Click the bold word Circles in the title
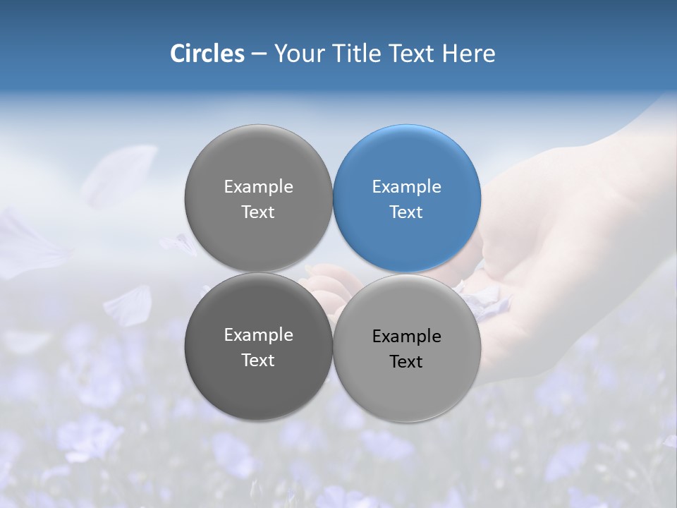pyautogui.click(x=207, y=54)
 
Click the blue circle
pyautogui.click(x=407, y=198)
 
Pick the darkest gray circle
pyautogui.click(x=258, y=346)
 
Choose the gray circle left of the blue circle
pyautogui.click(x=258, y=198)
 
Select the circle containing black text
pyautogui.click(x=407, y=348)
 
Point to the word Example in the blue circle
pyautogui.click(x=406, y=187)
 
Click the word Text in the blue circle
pyautogui.click(x=406, y=212)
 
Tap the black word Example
pyautogui.click(x=406, y=337)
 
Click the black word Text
pyautogui.click(x=406, y=361)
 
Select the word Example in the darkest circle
pyautogui.click(x=258, y=335)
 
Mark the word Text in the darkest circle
pyautogui.click(x=258, y=360)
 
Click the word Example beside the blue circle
pyautogui.click(x=258, y=187)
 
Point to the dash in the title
pyautogui.click(x=259, y=54)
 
